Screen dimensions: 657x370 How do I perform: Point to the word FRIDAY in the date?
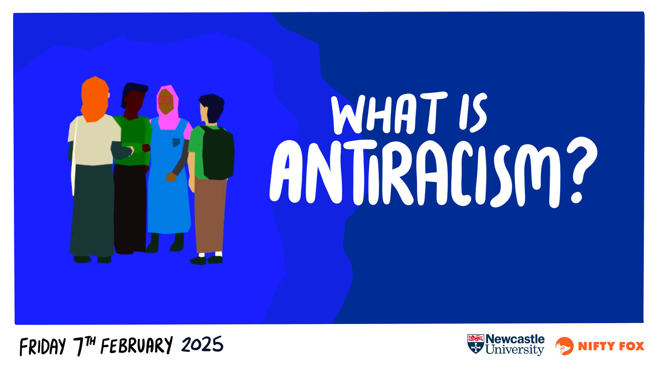click(x=43, y=347)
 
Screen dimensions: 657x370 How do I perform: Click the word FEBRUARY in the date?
click(x=137, y=345)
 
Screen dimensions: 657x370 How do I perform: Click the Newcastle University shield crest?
click(x=476, y=344)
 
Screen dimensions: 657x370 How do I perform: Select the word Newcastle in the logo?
click(x=515, y=339)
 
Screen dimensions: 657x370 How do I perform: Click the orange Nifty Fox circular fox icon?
click(x=565, y=346)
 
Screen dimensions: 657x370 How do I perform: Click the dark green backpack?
click(x=217, y=153)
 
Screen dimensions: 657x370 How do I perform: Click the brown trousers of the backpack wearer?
click(x=210, y=214)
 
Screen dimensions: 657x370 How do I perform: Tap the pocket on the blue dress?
click(x=176, y=142)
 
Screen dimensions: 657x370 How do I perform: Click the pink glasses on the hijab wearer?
click(x=164, y=100)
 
